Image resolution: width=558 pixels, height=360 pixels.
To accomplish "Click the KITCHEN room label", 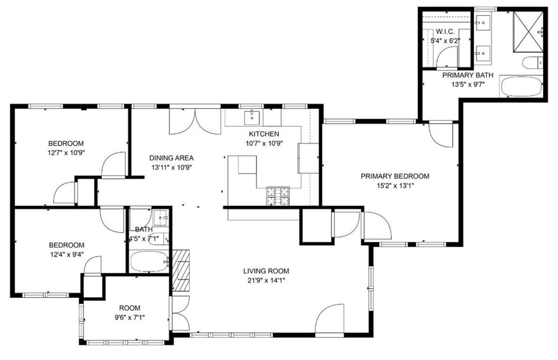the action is pos(264,134).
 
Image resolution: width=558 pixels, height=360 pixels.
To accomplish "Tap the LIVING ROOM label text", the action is pos(266,271).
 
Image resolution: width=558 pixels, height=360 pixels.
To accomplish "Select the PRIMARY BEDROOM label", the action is pos(395,176).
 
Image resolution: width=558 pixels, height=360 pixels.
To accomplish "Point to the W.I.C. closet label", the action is pos(445,32).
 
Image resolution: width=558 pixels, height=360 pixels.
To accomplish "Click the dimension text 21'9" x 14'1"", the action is pos(266,280).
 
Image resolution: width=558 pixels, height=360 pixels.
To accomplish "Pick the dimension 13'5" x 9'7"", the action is pos(468,84).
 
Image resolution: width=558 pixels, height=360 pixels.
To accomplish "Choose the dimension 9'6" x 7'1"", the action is pos(129,318).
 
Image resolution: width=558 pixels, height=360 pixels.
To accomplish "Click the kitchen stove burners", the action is pos(278,196).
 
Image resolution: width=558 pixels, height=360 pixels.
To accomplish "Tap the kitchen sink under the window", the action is pos(252,118).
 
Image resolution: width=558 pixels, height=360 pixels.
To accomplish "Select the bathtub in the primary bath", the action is pos(521,87).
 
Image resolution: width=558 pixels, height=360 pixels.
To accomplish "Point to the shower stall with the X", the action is pos(528,32).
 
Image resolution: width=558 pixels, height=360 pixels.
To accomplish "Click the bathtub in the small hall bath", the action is pos(149,261).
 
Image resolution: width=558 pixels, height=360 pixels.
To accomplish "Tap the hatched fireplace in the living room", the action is pos(181,270).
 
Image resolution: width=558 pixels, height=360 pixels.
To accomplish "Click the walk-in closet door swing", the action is pos(446,57).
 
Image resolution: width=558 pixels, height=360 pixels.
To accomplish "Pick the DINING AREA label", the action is pos(172,158).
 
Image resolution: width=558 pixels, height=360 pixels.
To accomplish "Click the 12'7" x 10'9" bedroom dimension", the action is pos(66,153).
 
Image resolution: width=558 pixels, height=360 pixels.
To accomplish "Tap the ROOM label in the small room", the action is pos(130,308).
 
